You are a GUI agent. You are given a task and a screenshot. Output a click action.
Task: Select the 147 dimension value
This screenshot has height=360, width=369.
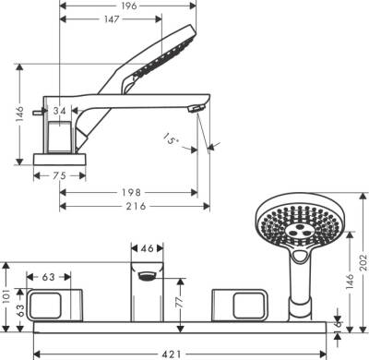(111, 19)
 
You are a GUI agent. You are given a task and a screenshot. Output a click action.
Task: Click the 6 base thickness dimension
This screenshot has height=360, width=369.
(339, 326)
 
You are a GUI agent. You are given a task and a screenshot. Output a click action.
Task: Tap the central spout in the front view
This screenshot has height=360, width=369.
(146, 294)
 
